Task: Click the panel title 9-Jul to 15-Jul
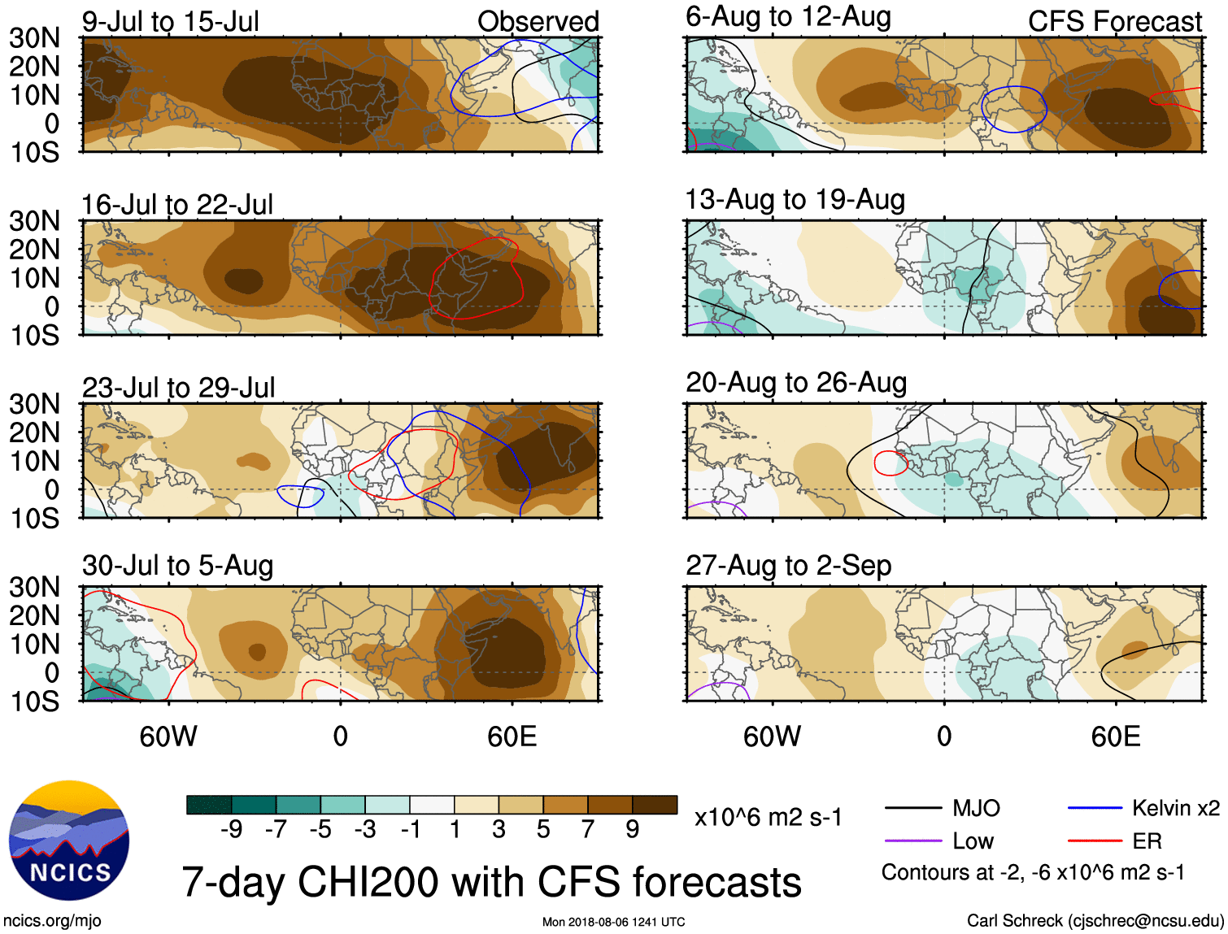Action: pyautogui.click(x=170, y=21)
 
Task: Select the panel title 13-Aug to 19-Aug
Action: pyautogui.click(x=795, y=199)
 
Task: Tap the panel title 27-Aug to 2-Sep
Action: pyautogui.click(x=788, y=565)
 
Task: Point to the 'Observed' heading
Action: pyautogui.click(x=538, y=21)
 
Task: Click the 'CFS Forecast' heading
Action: pyautogui.click(x=1114, y=21)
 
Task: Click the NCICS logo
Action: pyautogui.click(x=69, y=841)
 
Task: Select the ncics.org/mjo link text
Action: pyautogui.click(x=52, y=920)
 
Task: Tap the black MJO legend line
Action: pyautogui.click(x=913, y=808)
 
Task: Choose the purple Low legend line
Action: pyautogui.click(x=913, y=841)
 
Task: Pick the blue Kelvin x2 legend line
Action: pyautogui.click(x=1095, y=808)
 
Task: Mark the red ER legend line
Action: pyautogui.click(x=1095, y=841)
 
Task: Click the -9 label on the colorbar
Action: pyautogui.click(x=232, y=829)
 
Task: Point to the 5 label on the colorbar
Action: pyautogui.click(x=542, y=829)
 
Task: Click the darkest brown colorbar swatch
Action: pyautogui.click(x=655, y=805)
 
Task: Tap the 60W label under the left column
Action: pyautogui.click(x=168, y=736)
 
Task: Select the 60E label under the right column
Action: pyautogui.click(x=1116, y=736)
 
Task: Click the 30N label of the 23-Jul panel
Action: pyautogui.click(x=34, y=404)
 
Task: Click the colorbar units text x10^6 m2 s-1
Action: pyautogui.click(x=768, y=817)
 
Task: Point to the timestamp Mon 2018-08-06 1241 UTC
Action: pyautogui.click(x=613, y=922)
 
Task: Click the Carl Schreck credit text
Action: pyautogui.click(x=1095, y=920)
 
